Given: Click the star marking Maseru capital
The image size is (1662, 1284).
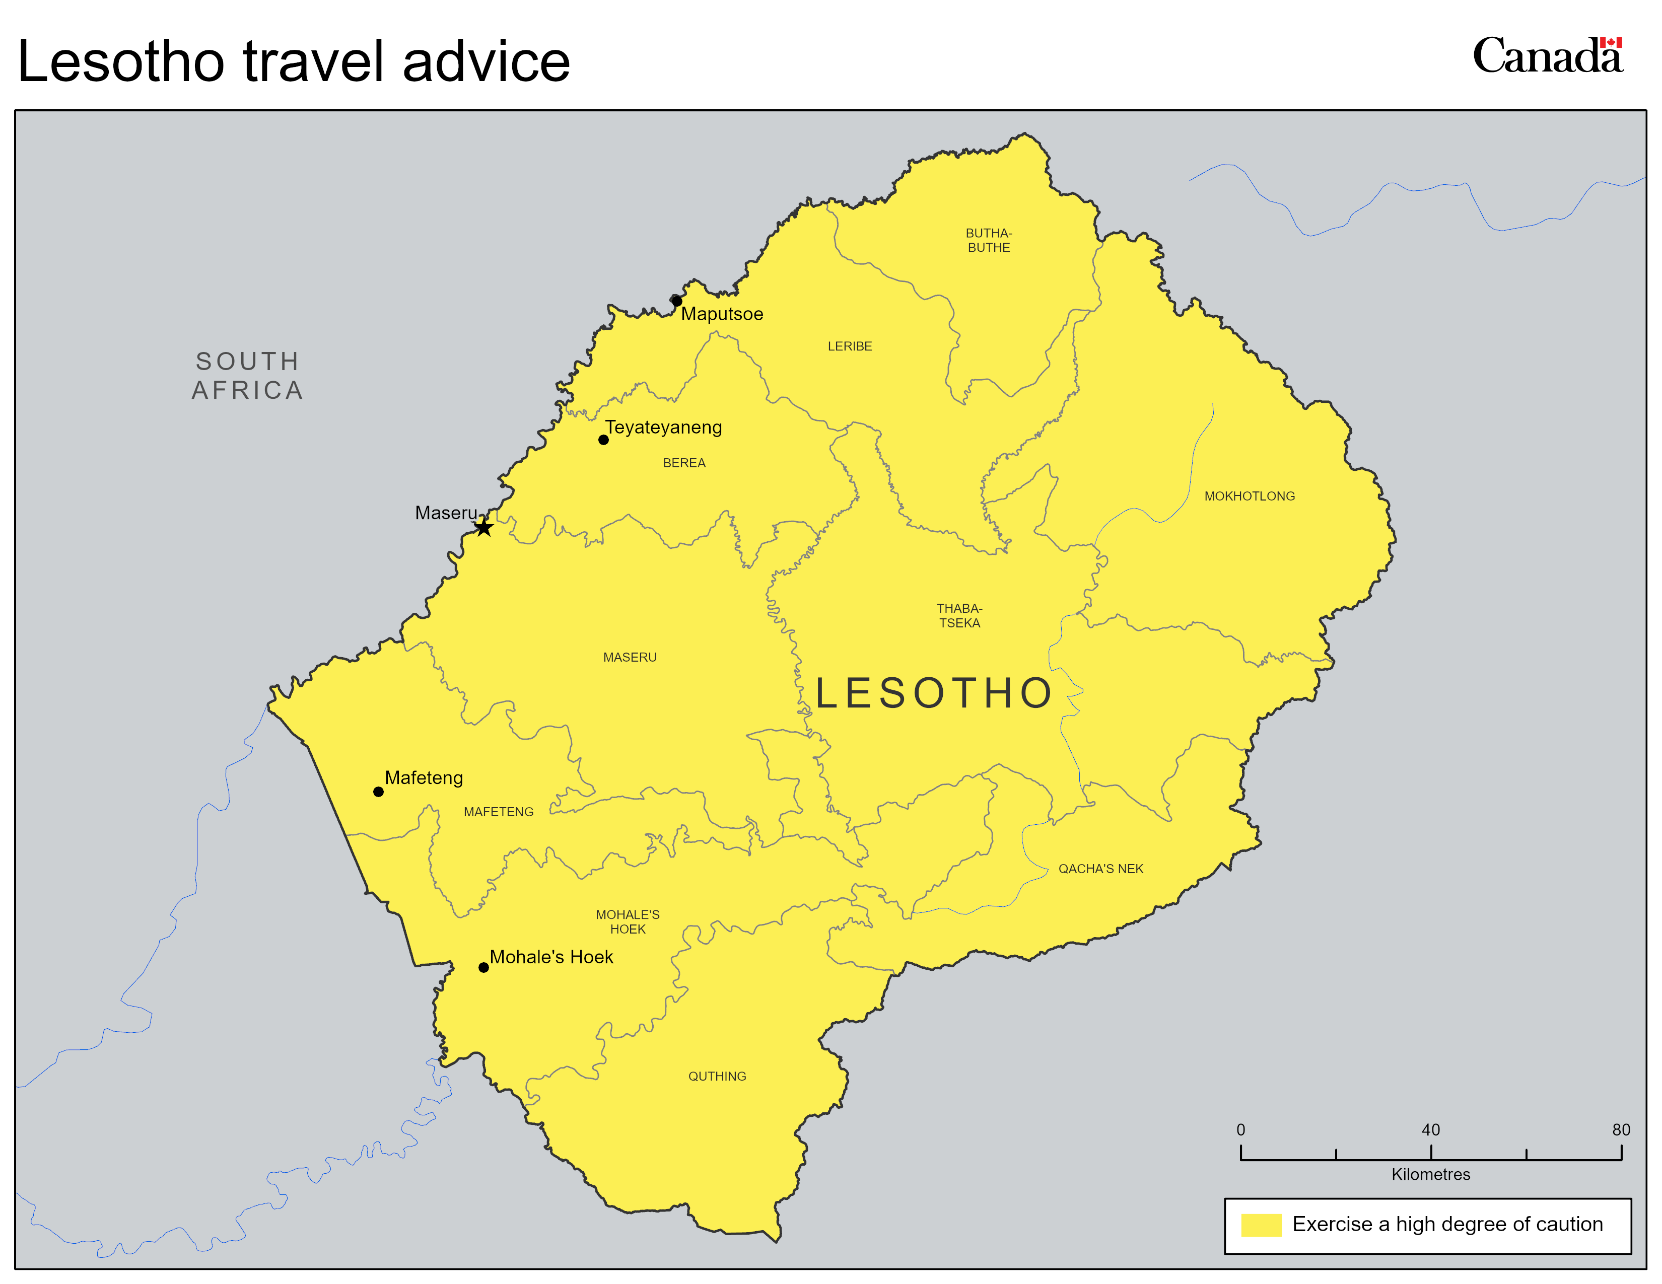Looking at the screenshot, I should (484, 527).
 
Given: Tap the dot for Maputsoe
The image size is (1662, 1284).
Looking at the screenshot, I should (676, 301).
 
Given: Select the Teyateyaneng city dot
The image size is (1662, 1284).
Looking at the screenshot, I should (603, 440).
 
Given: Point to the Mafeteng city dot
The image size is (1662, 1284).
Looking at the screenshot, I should (378, 792).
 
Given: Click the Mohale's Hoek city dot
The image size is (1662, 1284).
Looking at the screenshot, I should (483, 968).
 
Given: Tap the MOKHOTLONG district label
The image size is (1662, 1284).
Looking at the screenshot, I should (1249, 496).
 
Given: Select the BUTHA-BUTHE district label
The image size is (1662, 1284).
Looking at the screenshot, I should (989, 240).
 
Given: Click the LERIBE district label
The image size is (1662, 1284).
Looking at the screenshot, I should (849, 346).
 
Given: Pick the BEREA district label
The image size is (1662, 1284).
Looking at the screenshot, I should (684, 463).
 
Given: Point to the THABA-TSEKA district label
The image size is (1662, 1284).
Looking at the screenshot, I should (959, 615).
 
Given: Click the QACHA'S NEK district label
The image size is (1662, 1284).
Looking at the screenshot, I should (1100, 869).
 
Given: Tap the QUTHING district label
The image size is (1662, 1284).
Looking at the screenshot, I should (717, 1077).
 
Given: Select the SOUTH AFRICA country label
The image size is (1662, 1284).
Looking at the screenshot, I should (247, 376).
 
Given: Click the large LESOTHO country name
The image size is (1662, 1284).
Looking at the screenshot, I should (934, 693).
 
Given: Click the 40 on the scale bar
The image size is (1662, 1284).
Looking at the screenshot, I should (1431, 1129).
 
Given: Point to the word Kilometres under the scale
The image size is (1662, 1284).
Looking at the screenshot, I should (1431, 1174).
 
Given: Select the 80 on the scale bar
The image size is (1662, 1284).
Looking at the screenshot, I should (1621, 1129).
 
